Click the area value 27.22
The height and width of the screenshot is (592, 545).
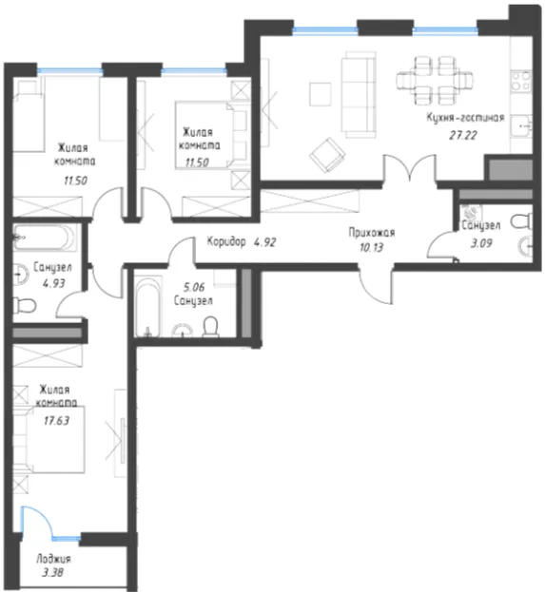[x=463, y=135]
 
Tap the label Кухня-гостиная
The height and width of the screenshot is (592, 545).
[x=466, y=118]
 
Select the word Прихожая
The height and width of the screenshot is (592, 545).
[x=372, y=233]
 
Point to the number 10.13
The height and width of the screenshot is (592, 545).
[x=372, y=248]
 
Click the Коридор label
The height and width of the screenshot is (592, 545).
[x=226, y=241]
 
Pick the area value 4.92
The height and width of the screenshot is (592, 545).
[x=265, y=242]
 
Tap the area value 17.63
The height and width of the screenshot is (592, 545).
[x=57, y=420]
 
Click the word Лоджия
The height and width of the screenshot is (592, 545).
[x=53, y=559]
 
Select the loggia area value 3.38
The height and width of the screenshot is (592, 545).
[x=52, y=573]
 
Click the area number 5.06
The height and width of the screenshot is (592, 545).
[x=194, y=287]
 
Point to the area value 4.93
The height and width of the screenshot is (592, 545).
[x=54, y=283]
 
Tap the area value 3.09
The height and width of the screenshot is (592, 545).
[x=481, y=243]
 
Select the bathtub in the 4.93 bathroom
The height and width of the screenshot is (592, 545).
[x=44, y=238]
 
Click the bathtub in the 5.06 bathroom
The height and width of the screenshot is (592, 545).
[x=148, y=307]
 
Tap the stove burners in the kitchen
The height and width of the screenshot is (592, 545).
[x=521, y=82]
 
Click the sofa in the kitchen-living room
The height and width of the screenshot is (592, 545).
[x=359, y=95]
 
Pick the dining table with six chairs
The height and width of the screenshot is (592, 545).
[x=435, y=81]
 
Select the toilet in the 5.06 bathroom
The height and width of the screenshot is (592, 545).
[x=211, y=326]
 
